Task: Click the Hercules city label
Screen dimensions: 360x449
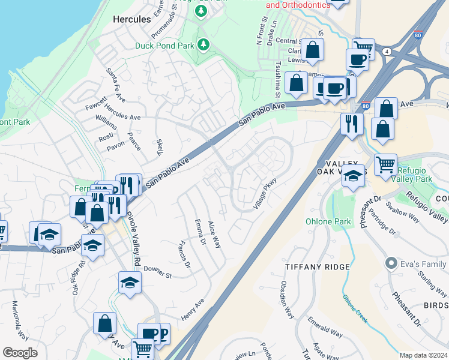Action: pyautogui.click(x=132, y=19)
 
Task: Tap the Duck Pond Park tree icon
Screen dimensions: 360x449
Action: pyautogui.click(x=203, y=44)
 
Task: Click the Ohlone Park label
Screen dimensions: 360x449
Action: pyautogui.click(x=350, y=221)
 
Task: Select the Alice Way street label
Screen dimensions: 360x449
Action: pyautogui.click(x=214, y=233)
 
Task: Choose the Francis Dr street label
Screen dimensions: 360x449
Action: pyautogui.click(x=184, y=254)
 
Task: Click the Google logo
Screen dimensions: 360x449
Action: pyautogui.click(x=20, y=353)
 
